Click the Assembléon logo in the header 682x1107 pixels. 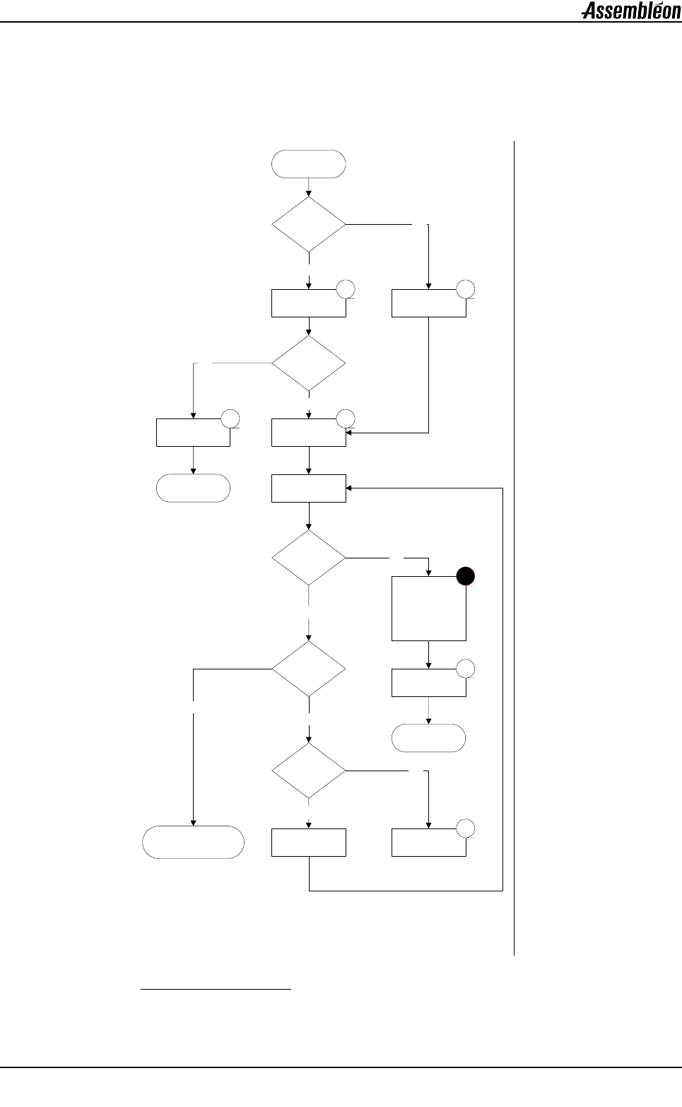(630, 11)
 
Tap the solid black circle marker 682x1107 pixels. (464, 577)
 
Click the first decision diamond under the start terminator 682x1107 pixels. (309, 224)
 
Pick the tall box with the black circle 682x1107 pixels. (428, 608)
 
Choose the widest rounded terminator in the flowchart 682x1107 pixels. (194, 842)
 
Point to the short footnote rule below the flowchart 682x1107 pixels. (216, 989)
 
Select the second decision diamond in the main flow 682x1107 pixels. (309, 363)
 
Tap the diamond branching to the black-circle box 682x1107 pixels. (309, 558)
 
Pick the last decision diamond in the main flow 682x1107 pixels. (309, 771)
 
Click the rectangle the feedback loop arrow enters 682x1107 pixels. (309, 488)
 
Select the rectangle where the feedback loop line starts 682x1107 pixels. (309, 842)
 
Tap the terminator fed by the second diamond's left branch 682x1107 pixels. (193, 488)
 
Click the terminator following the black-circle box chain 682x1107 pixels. (428, 738)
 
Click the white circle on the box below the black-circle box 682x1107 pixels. (464, 668)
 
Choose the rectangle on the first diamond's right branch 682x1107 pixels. (428, 303)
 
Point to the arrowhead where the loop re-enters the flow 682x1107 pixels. (349, 488)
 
